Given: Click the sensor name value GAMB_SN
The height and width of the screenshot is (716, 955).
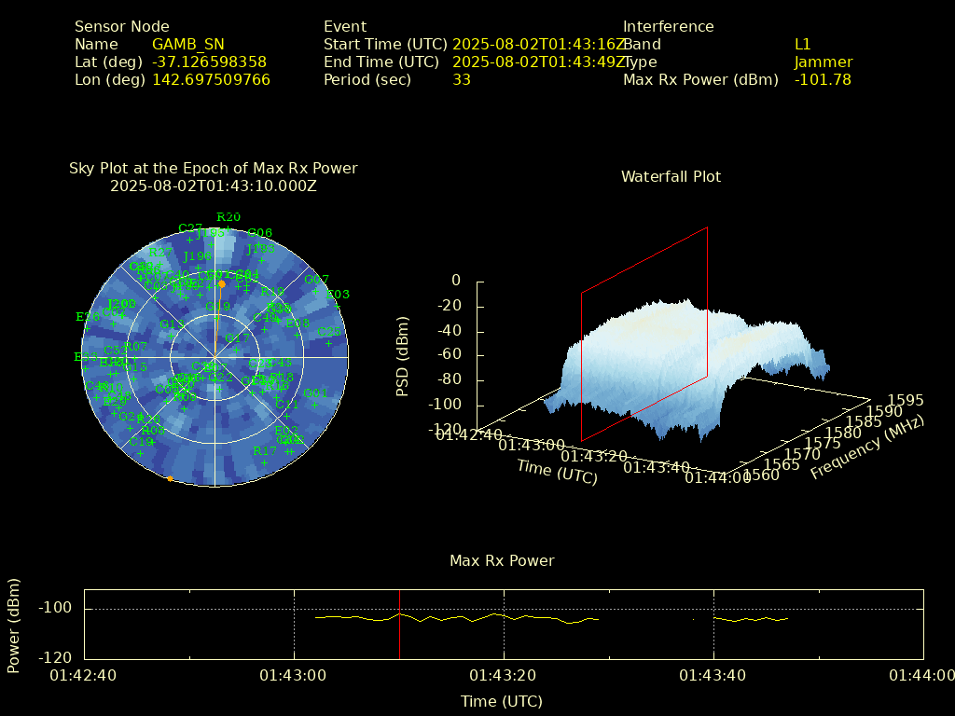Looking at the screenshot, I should (187, 44).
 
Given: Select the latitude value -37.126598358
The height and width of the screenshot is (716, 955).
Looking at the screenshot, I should (209, 62).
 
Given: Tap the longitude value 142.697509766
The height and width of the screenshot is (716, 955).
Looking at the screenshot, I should (211, 79).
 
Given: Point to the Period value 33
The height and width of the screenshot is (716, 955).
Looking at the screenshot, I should (461, 79).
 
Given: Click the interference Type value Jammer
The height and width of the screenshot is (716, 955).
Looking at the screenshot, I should (823, 62).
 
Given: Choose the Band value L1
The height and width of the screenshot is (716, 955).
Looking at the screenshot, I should (802, 44).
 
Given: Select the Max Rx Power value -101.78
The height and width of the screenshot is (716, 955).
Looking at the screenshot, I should (823, 79).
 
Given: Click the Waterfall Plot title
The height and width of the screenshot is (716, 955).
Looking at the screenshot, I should (671, 176).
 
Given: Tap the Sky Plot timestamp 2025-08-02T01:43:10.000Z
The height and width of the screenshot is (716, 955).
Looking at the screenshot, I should (213, 186).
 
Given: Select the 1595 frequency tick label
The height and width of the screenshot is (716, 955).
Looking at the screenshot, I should (906, 400).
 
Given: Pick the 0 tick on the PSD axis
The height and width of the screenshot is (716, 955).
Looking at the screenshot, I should (455, 281).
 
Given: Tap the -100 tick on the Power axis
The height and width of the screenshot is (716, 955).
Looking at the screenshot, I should (55, 608).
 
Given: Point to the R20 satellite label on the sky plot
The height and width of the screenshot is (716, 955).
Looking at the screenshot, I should (228, 217).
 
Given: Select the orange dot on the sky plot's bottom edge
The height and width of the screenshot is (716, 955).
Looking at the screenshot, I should (170, 479).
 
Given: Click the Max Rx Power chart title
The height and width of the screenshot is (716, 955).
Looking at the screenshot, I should (502, 560).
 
